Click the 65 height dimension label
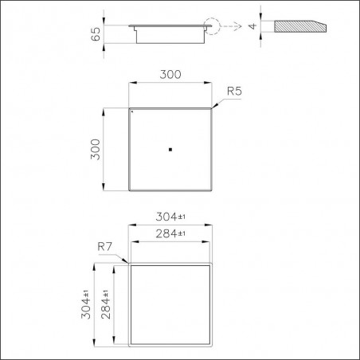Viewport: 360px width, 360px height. coord(96,34)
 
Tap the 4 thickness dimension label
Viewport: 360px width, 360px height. coord(252,26)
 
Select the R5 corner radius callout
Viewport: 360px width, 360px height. coord(234,91)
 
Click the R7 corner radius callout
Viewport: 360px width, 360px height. coord(105,247)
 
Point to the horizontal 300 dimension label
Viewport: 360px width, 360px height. coord(170,75)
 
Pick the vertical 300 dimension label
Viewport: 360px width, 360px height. coord(96,149)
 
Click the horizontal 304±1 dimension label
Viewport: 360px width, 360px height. coord(170,217)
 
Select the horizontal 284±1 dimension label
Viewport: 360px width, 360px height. coord(170,233)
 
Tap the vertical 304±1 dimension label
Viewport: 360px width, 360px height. coord(86,304)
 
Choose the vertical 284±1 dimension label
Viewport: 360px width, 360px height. coord(106,304)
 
